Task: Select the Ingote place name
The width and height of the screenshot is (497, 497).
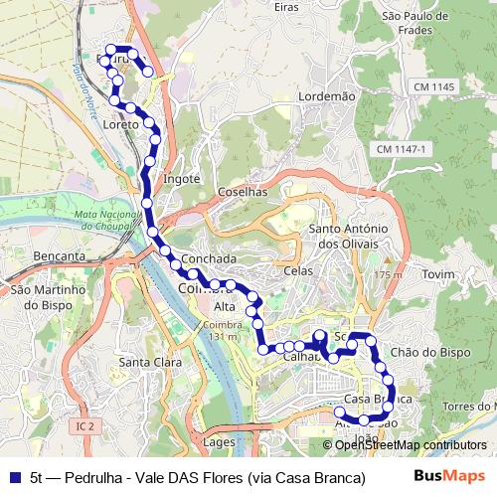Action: [181, 179]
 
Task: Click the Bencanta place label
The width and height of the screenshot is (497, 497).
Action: [59, 256]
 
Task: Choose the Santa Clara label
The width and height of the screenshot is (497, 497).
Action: [150, 363]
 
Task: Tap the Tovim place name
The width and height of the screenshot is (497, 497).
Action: [438, 273]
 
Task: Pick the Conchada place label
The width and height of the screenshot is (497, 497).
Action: [210, 258]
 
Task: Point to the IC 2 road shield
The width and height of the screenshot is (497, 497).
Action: [84, 426]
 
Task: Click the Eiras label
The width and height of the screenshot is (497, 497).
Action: [285, 7]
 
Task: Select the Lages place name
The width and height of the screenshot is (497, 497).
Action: [218, 440]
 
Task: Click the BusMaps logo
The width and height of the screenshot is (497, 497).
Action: [449, 476]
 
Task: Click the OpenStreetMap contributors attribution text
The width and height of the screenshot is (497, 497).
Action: [410, 445]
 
